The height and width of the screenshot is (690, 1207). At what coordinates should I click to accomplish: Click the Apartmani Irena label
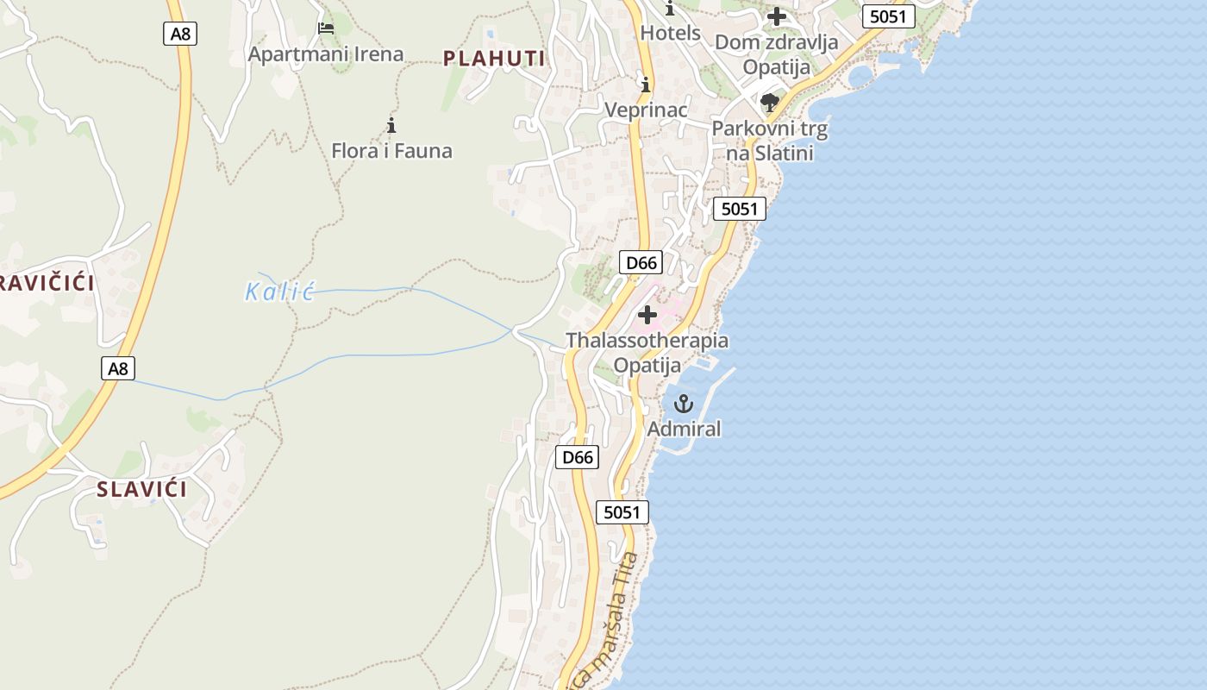coord(326,54)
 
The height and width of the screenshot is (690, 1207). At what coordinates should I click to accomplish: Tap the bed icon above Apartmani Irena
coord(326,28)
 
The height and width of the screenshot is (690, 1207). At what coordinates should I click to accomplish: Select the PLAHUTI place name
coord(495,59)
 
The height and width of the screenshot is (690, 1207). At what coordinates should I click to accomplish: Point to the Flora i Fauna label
coord(391,151)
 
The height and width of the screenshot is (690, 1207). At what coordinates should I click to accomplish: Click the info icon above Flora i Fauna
coord(391,126)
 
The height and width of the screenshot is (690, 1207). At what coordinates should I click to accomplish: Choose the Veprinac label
coord(646,110)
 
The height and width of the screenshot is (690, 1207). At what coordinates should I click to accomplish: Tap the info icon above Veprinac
coord(646,85)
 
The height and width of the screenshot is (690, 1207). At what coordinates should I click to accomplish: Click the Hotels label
coord(670,34)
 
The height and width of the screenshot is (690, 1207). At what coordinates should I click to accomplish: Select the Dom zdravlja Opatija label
coord(777,54)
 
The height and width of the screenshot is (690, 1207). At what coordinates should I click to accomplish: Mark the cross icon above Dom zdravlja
coord(777,16)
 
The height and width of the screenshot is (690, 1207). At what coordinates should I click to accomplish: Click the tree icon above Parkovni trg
coord(770,103)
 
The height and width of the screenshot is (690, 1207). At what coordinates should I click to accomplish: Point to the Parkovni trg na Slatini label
coord(770,141)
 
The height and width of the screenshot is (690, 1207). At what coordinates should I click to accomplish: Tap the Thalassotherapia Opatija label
coord(647,352)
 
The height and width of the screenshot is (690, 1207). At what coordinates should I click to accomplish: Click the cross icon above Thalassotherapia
coord(647,315)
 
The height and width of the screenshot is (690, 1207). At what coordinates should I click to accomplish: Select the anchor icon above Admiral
coord(684,404)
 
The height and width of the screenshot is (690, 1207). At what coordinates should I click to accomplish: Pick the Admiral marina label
coord(684,429)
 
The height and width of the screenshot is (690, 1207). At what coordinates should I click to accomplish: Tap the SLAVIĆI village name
coord(141,490)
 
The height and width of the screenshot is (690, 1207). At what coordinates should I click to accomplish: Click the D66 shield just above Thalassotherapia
coord(641,263)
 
